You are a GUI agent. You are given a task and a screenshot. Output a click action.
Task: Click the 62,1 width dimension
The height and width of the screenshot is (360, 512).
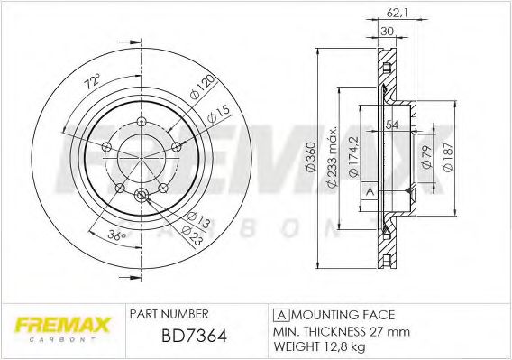pyautogui.click(x=389, y=11)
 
